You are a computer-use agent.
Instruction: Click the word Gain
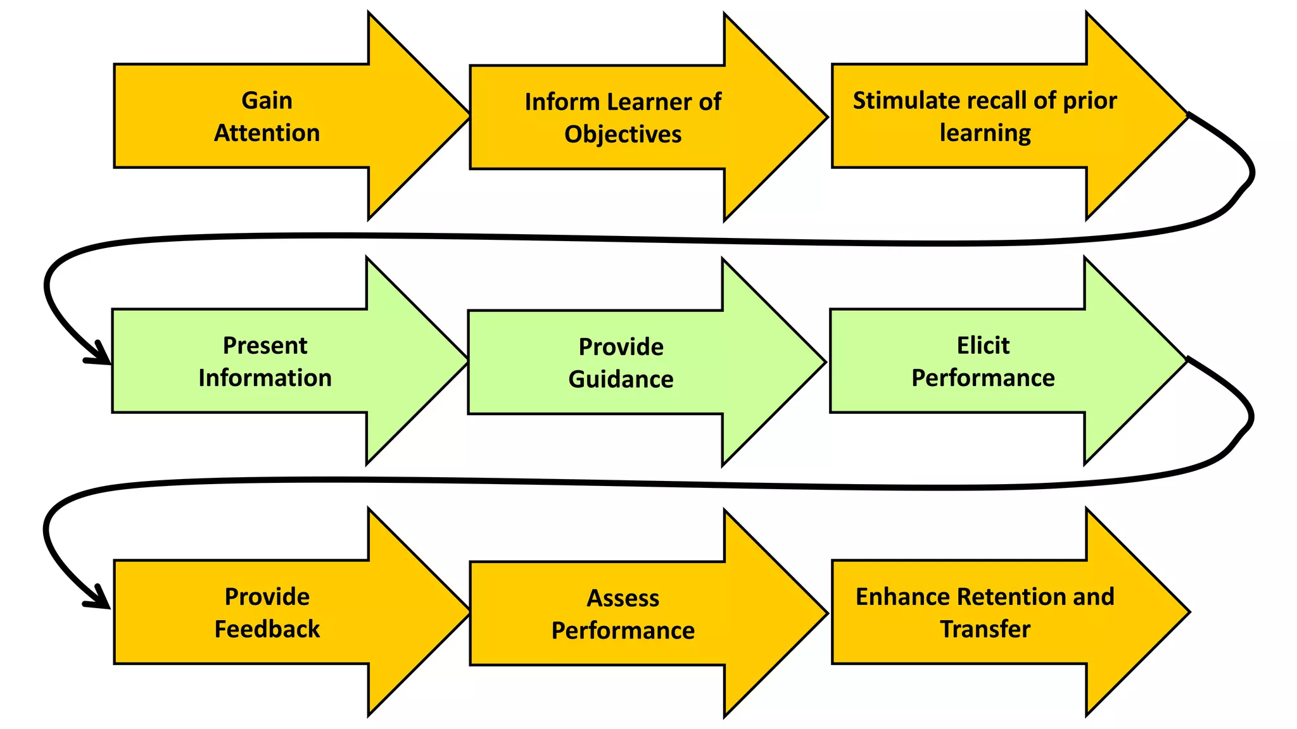[x=267, y=101]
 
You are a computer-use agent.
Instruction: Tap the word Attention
[x=267, y=133]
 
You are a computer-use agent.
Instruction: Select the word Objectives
[x=623, y=134]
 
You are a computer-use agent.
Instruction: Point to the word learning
[x=985, y=133]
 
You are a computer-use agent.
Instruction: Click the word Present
[x=265, y=346]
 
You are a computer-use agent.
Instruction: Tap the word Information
[x=265, y=378]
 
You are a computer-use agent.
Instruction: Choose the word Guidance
[x=621, y=379]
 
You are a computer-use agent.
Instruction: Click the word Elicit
[x=983, y=346]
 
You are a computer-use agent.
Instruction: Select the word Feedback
[x=267, y=629]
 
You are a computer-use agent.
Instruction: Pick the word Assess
[x=623, y=598]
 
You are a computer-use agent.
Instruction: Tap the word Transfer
[x=985, y=629]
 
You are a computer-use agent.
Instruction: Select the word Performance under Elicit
[x=983, y=378]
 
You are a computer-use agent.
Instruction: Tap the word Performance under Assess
[x=623, y=630]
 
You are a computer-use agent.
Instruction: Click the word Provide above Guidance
[x=621, y=347]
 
